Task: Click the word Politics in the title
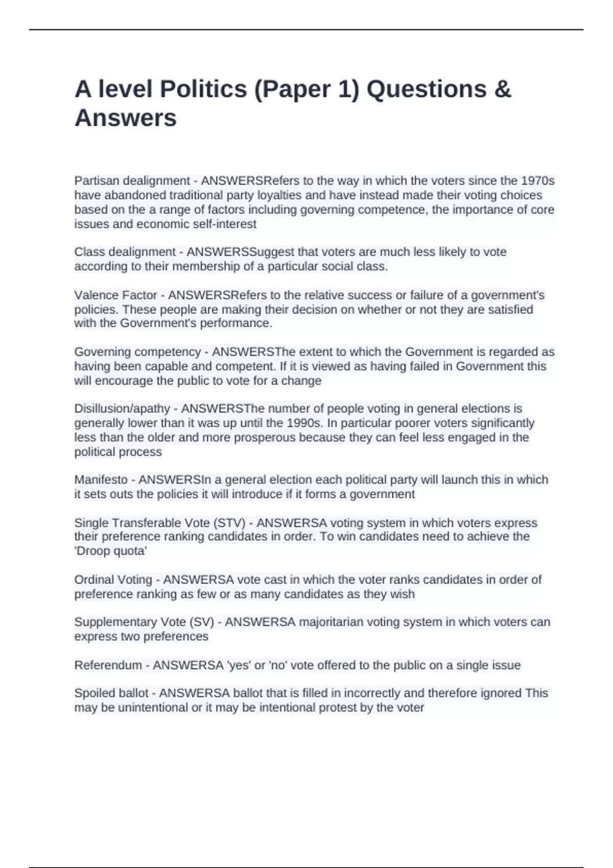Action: [x=203, y=89]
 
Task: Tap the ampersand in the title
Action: [x=503, y=89]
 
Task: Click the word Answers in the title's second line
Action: [x=126, y=118]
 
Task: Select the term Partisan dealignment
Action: [x=132, y=181]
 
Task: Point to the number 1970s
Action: [x=537, y=181]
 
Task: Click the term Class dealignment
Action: [x=125, y=252]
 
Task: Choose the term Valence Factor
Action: [x=115, y=295]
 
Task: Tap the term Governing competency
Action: [x=137, y=352]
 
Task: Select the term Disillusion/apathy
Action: [x=122, y=408]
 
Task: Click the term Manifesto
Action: [x=101, y=480]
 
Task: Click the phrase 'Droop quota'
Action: [x=111, y=551]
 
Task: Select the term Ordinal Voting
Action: [x=113, y=580]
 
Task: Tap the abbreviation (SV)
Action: [x=201, y=622]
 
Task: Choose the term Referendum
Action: [x=108, y=665]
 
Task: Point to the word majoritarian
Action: [x=335, y=622]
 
